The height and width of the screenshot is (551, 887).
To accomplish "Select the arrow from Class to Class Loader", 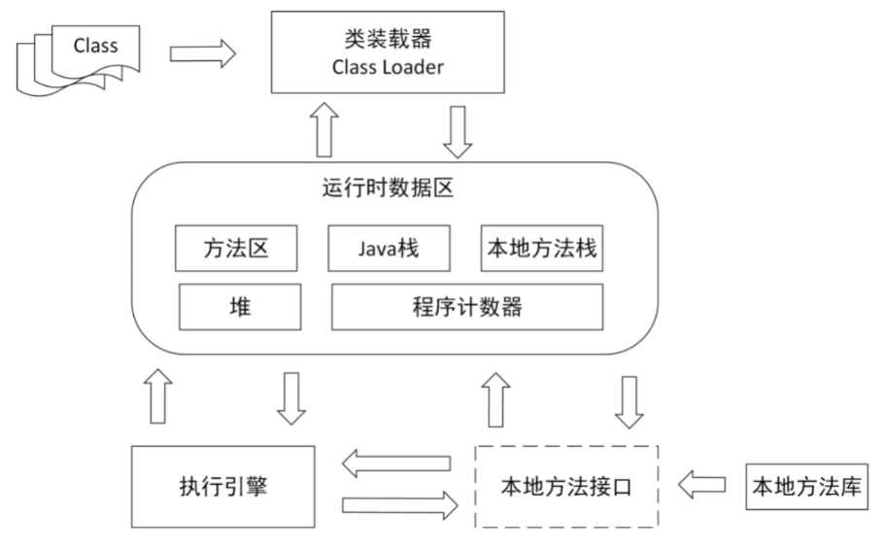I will (202, 53).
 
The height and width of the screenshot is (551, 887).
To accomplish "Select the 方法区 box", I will (235, 250).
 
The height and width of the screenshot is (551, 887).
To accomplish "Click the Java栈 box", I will (389, 250).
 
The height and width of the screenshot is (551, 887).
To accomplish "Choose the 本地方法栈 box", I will (541, 250).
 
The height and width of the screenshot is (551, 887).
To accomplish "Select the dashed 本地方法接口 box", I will (565, 486).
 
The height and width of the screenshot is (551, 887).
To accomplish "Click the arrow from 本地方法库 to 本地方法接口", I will (700, 483).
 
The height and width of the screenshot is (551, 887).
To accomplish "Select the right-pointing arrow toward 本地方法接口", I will (398, 505).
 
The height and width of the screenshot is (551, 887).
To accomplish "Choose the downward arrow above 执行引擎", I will (290, 398).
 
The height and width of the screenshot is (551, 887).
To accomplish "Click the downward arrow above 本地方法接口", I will (628, 398).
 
